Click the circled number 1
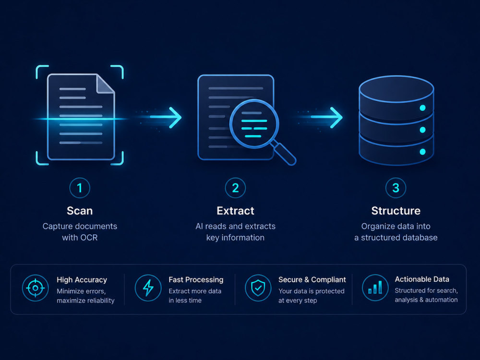(x=80, y=188)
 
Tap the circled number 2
(x=235, y=188)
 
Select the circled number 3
(x=396, y=188)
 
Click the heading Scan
(x=80, y=211)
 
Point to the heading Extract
(x=235, y=211)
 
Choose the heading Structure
(x=396, y=211)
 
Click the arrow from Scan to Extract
(x=165, y=117)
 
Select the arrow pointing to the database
(x=326, y=117)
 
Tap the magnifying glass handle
(x=284, y=154)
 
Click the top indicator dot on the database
(x=422, y=108)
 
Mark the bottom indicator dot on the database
(x=422, y=152)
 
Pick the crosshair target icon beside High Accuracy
(x=35, y=288)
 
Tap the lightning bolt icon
(x=148, y=288)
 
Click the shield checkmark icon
(x=258, y=288)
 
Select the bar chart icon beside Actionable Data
(x=375, y=288)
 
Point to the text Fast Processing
(x=196, y=279)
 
